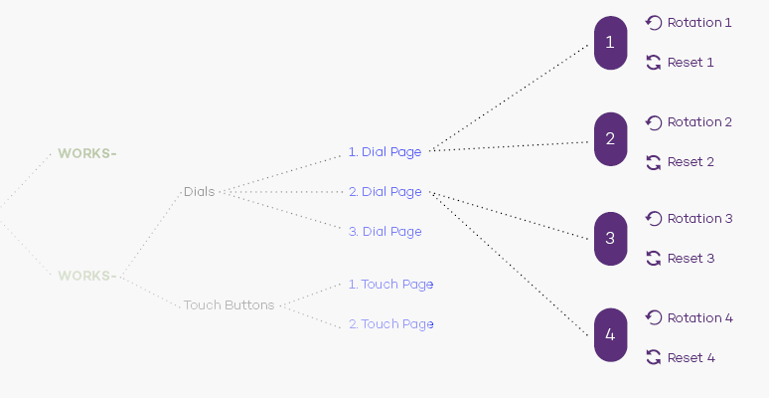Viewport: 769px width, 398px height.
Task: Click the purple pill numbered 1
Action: pyautogui.click(x=611, y=43)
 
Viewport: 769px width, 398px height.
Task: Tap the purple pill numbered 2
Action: pyautogui.click(x=611, y=139)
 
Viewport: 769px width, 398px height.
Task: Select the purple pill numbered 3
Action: pyautogui.click(x=611, y=239)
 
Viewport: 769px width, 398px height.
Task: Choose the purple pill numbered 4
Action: pyautogui.click(x=611, y=335)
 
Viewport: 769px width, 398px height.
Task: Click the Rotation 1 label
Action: pyautogui.click(x=699, y=23)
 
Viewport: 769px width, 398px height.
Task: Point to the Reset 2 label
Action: pyautogui.click(x=691, y=162)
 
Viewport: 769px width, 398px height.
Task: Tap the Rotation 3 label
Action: pyautogui.click(x=699, y=219)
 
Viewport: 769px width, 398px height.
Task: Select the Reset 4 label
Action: pyautogui.click(x=692, y=358)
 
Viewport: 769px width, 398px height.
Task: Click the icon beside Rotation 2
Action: pyautogui.click(x=654, y=122)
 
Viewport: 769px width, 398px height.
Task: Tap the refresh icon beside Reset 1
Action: pyautogui.click(x=654, y=63)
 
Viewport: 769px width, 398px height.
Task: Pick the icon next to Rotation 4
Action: pyautogui.click(x=654, y=317)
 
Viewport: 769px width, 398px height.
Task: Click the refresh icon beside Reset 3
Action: pyautogui.click(x=654, y=259)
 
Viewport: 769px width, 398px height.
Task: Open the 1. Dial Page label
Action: pyautogui.click(x=384, y=152)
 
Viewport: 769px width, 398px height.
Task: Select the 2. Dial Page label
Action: pyautogui.click(x=384, y=192)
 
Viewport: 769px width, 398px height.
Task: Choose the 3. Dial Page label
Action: pyautogui.click(x=384, y=232)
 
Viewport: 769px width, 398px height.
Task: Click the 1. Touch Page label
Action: pyautogui.click(x=390, y=284)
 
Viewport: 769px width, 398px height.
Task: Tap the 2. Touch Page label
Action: pyautogui.click(x=390, y=323)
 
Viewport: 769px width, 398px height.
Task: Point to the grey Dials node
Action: pyautogui.click(x=199, y=192)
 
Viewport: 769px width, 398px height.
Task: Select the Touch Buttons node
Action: pyautogui.click(x=230, y=305)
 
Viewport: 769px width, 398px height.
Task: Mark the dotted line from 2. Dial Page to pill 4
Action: pyautogui.click(x=509, y=264)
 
